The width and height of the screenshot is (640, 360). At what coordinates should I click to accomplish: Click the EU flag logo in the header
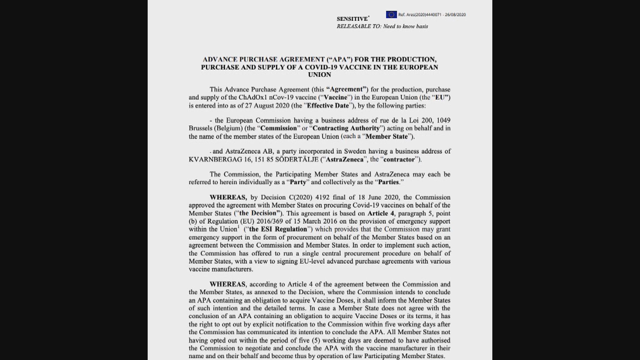click(391, 15)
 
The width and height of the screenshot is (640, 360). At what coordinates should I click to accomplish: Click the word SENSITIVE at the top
click(352, 19)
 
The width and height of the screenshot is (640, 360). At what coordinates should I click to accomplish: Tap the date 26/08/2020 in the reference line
click(455, 15)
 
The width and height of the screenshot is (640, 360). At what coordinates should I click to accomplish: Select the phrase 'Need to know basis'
click(405, 26)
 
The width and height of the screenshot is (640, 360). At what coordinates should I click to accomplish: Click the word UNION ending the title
click(319, 75)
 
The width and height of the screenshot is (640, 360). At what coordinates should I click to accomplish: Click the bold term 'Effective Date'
click(328, 106)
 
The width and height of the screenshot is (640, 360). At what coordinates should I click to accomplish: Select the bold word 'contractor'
click(399, 159)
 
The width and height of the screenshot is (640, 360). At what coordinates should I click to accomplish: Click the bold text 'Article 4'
click(381, 213)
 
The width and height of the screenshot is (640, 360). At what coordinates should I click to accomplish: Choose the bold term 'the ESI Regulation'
click(278, 229)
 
